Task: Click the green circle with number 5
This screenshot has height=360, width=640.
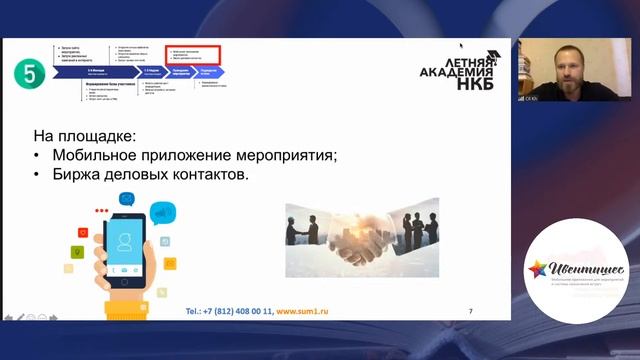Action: click(x=27, y=72)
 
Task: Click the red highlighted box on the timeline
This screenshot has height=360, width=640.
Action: click(x=191, y=57)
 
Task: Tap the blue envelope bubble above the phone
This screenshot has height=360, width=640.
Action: click(x=127, y=198)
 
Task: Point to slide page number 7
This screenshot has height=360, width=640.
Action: click(x=471, y=311)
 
